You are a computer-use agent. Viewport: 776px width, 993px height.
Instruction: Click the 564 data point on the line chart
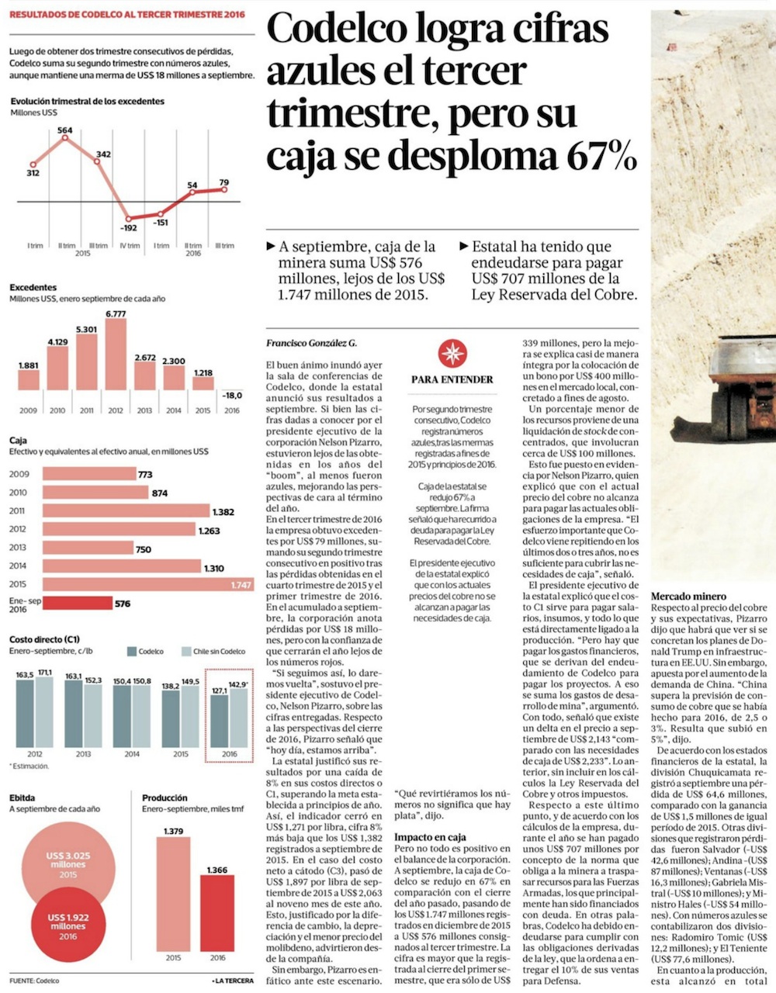tap(64, 137)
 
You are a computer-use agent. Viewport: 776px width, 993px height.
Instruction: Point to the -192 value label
tap(128, 228)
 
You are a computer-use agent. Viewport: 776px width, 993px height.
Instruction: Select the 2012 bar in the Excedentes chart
tap(116, 355)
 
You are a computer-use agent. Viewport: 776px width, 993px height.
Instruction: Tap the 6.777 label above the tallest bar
tap(116, 313)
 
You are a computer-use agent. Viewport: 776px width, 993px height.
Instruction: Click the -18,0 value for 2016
tap(231, 395)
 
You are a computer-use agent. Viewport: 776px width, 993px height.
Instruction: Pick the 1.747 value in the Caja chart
tap(241, 585)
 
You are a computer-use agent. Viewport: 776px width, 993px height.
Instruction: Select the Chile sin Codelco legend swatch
tap(185, 652)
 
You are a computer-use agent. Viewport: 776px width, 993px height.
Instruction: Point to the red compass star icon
tap(452, 353)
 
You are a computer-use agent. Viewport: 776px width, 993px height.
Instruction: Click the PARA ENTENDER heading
tap(452, 379)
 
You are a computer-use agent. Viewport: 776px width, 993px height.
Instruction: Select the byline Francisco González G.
tap(311, 342)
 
